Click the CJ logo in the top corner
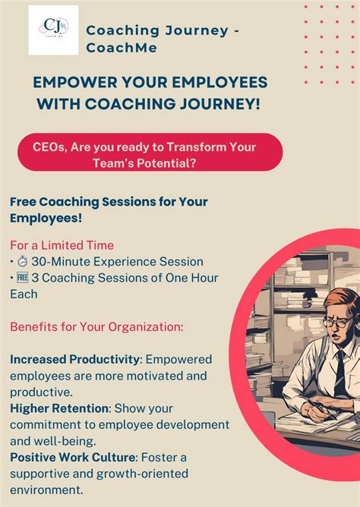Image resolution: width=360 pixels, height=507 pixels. (53, 30)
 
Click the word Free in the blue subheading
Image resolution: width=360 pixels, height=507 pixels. (24, 203)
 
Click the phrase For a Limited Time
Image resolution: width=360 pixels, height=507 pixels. (62, 245)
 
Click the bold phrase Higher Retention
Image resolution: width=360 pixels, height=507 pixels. (59, 408)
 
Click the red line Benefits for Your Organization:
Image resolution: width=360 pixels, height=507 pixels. (96, 327)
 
